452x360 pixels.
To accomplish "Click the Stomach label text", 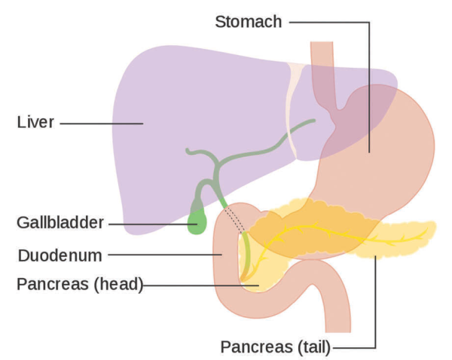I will pos(248,21).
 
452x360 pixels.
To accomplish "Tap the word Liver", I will pos(35,121).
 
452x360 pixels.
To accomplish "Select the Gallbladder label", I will pos(61,224).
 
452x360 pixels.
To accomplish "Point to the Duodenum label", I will pos(60,255).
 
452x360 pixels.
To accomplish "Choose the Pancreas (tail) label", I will pos(276,347).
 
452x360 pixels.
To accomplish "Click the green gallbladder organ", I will pos(198,221).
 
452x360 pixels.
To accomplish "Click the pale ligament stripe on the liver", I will pos(295,113).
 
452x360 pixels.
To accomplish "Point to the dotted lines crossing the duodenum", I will pos(234,222).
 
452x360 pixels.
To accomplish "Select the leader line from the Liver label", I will pos(102,122).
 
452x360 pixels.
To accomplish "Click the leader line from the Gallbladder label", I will pos(151,224).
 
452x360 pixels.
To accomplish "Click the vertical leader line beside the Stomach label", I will pos(368,90).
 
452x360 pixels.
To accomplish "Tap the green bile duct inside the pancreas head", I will pos(243,260).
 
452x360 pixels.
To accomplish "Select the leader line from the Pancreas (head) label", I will pos(200,285).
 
